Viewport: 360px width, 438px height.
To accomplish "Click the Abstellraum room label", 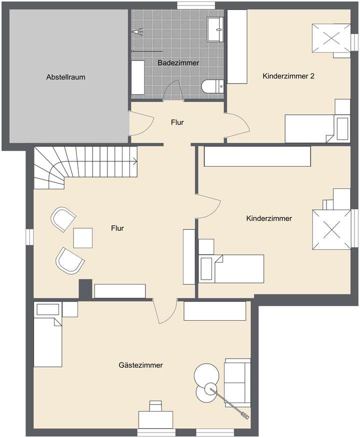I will (65, 77).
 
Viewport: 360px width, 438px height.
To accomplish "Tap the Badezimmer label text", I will (178, 63).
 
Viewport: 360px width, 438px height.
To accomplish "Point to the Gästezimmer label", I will (141, 365).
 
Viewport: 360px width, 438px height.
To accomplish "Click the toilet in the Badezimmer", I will (212, 87).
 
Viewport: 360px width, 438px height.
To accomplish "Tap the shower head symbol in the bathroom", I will (138, 31).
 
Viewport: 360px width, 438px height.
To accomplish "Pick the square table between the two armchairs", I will (83, 238).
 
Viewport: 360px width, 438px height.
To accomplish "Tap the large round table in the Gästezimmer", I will (206, 374).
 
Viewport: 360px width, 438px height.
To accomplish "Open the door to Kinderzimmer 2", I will (237, 124).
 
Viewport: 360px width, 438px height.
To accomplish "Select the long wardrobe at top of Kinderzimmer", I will (257, 156).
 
